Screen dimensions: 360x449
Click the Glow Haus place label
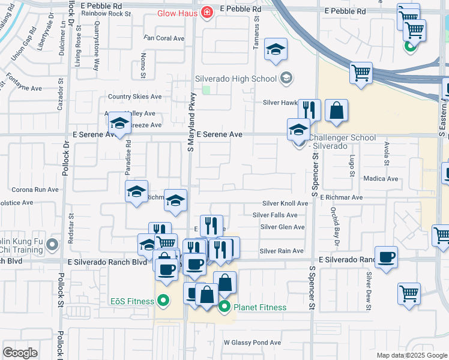[178, 13]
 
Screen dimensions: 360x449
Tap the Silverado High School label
[236, 78]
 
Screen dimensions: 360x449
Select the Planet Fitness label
[259, 307]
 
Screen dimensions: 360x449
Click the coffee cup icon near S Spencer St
[386, 257]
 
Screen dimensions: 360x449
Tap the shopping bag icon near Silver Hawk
[337, 111]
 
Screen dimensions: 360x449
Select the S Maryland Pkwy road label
[191, 122]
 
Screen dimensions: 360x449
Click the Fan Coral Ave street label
[163, 38]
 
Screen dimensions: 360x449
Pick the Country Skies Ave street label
[134, 97]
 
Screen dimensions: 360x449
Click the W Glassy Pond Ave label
[252, 343]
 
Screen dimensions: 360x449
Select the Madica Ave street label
[381, 179]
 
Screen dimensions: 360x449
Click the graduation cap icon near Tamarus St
[276, 50]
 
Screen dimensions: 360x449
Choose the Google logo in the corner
[20, 352]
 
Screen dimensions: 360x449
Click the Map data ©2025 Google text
[411, 355]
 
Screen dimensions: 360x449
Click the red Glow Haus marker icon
[207, 12]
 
